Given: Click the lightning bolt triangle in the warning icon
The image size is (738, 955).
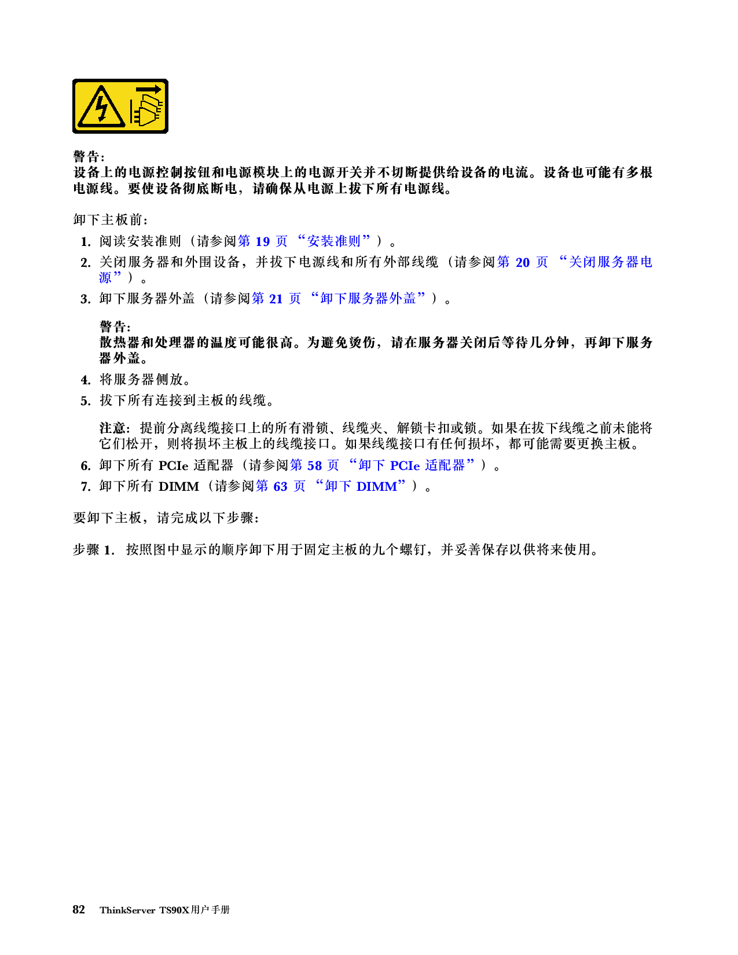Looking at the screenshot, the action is point(101,107).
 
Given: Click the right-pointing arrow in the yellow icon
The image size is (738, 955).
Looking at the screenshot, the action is point(149,90).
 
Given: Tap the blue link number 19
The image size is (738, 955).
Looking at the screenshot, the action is point(262,241).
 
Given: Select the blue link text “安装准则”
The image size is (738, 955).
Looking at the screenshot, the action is point(333,241).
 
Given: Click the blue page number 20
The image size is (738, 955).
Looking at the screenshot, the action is point(523,262).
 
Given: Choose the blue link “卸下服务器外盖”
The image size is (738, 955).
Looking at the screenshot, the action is point(368,299).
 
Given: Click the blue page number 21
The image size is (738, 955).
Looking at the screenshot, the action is point(276,299).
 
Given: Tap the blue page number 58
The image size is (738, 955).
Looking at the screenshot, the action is point(314,465).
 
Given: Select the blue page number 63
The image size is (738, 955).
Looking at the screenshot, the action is point(280,487).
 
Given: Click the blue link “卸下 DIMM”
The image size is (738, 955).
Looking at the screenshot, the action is point(361,486).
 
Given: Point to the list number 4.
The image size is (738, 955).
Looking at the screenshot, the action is point(86,380).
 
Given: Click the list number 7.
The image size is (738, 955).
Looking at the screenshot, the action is point(86,487).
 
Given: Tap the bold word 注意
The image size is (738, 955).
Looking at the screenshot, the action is point(112,428).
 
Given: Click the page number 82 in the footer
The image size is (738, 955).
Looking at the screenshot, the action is point(79,909).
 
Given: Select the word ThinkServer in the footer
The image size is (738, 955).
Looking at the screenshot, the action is point(127,910).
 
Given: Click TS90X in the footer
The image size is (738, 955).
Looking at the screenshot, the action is point(174,910).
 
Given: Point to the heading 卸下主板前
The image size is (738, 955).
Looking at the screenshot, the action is point(108,219).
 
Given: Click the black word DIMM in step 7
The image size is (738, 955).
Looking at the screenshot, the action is point(178,487).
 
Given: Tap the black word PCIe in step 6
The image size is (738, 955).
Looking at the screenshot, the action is point(173,465).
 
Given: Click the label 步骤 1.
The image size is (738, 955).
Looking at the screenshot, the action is point(94,549).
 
